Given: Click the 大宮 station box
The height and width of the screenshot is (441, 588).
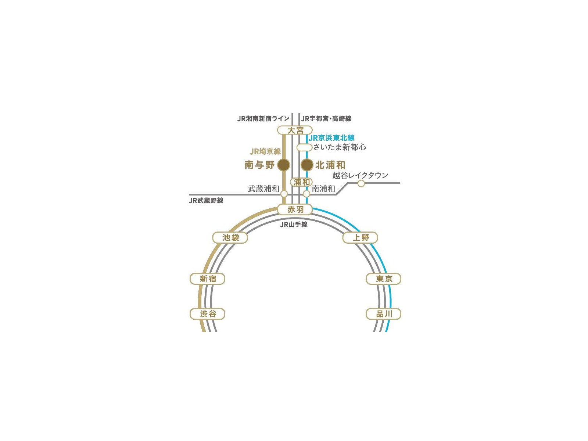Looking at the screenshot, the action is (x=295, y=130).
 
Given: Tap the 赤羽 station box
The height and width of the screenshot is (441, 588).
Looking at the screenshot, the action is (x=295, y=209).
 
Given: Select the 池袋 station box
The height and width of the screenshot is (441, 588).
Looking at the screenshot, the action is (x=230, y=237).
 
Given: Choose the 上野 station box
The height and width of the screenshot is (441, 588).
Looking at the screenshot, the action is (x=360, y=237).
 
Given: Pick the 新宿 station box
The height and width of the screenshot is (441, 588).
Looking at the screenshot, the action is (x=207, y=279).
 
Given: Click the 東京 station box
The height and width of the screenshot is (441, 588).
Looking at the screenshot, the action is (x=383, y=279).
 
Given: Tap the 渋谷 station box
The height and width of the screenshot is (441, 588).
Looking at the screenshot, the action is (x=207, y=314).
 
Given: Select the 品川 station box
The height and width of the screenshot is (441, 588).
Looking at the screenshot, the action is (x=383, y=314).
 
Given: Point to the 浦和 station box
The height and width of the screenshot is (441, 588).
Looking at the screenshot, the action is (x=301, y=182).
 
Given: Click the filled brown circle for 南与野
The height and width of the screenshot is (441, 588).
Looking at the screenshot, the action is (x=283, y=165).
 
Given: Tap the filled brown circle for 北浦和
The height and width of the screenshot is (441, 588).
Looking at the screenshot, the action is (x=307, y=165).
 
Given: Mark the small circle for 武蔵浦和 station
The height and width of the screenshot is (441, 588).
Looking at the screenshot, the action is (x=284, y=194).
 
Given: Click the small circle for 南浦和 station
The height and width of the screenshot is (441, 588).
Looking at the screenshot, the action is (x=306, y=194).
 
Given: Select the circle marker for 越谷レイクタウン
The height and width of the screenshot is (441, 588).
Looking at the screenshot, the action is (x=361, y=183).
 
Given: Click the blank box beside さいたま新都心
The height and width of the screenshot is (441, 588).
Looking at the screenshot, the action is (x=304, y=147).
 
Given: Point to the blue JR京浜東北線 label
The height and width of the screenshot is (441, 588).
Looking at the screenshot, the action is (x=331, y=138).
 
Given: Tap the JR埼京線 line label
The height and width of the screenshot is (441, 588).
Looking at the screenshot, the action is (x=265, y=151).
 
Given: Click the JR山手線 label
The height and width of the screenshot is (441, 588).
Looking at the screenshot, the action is (x=294, y=225).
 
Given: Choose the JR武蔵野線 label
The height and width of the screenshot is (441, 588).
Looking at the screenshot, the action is (x=206, y=201).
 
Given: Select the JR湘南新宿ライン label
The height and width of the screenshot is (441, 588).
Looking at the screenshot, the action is (x=263, y=119).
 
